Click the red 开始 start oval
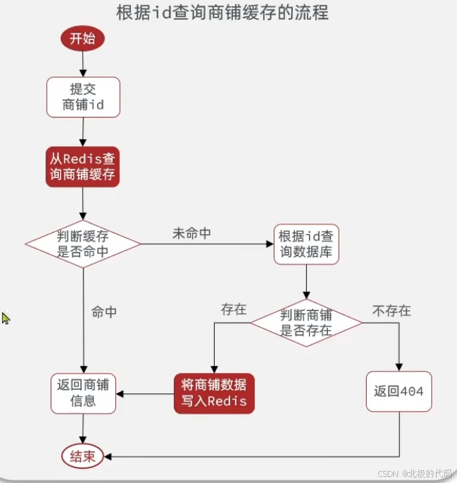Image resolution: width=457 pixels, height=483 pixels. [83, 38]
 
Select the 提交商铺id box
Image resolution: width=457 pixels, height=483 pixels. [83, 96]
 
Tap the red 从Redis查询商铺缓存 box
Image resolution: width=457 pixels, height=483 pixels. [82, 166]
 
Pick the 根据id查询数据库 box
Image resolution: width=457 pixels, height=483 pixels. [306, 245]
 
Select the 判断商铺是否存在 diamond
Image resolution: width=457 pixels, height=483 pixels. [306, 322]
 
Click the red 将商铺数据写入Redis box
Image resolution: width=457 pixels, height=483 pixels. [214, 393]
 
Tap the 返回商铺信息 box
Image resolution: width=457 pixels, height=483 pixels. [83, 393]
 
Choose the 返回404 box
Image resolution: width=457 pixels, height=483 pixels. [399, 391]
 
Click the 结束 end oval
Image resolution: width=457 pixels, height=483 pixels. [83, 457]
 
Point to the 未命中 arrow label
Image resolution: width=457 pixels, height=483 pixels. [191, 234]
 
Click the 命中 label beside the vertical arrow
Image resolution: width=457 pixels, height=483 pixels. [104, 312]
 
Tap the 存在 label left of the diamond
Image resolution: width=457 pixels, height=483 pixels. [234, 310]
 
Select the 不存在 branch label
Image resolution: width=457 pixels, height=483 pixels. [392, 311]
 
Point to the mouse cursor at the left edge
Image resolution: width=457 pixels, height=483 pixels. [5, 317]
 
